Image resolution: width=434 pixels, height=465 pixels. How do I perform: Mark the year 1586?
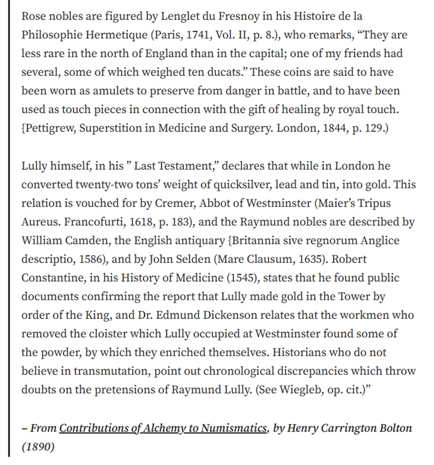(x=92, y=259)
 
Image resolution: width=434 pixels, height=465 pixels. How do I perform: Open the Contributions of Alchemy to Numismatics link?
(x=163, y=428)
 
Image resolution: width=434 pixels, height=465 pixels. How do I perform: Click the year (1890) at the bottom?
(x=38, y=447)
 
